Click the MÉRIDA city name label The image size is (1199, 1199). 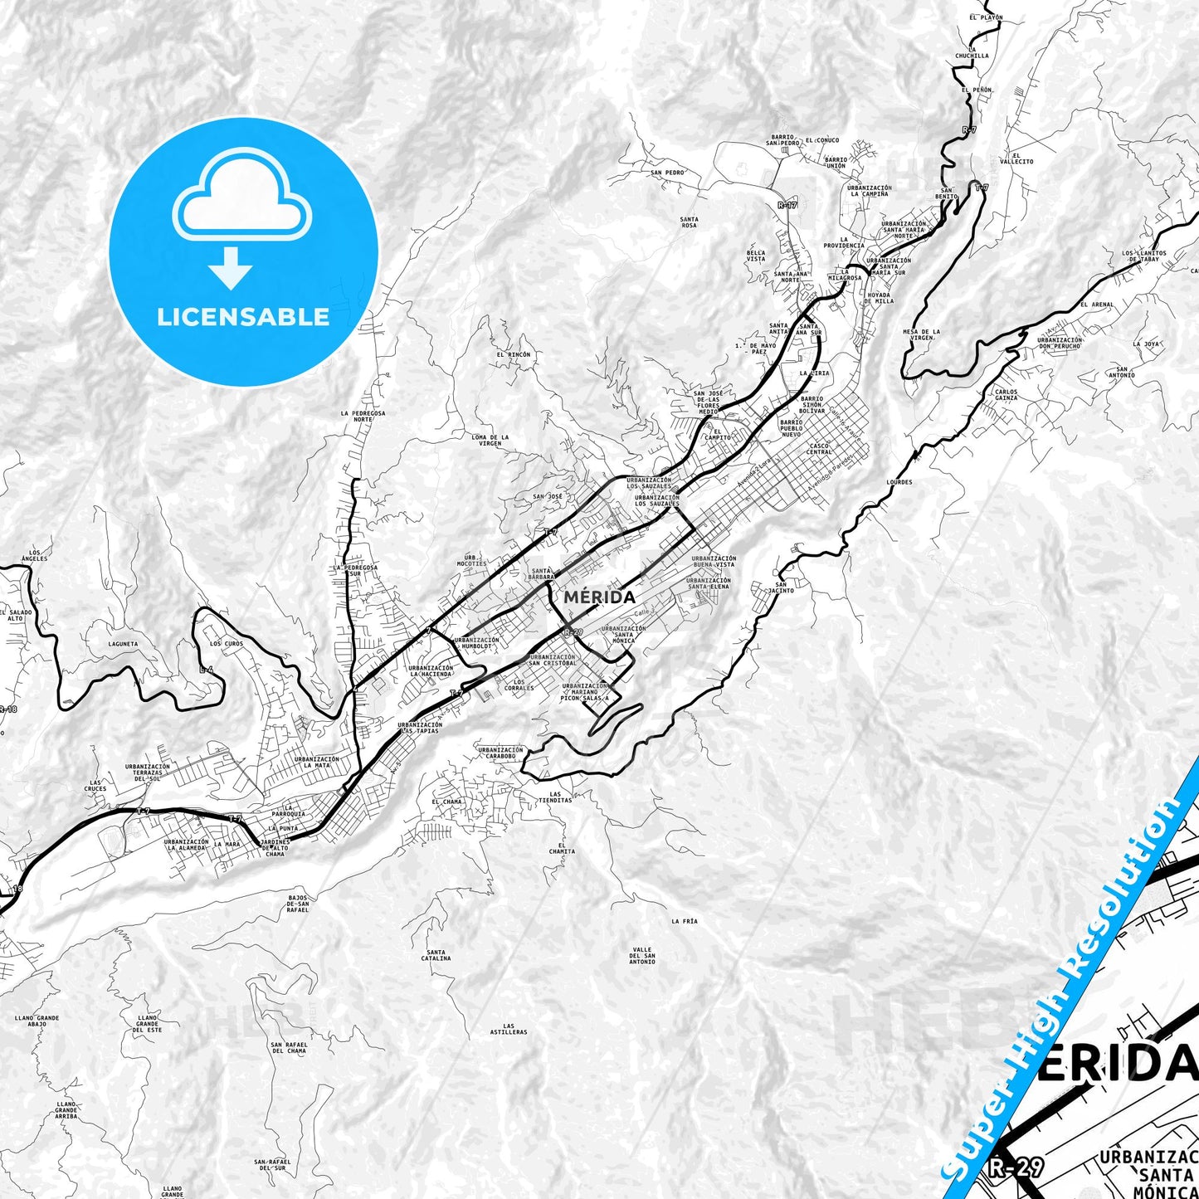click(x=599, y=597)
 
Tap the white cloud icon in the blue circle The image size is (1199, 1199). click(x=242, y=197)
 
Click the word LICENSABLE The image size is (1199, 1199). click(x=243, y=316)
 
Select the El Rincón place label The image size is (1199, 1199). click(x=513, y=354)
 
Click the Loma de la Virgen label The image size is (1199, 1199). click(x=490, y=440)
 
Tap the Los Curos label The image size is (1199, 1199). click(x=227, y=643)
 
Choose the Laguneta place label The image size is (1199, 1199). click(x=123, y=643)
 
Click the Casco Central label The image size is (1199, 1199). click(x=819, y=449)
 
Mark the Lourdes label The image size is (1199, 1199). click(x=899, y=482)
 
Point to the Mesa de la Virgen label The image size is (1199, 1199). click(x=921, y=334)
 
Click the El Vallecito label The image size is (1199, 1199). click(x=1016, y=158)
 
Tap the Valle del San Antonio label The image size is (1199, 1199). click(x=641, y=955)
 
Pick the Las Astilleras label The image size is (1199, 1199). click(x=508, y=1029)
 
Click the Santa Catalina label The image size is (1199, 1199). click(x=436, y=955)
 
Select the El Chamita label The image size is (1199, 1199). click(x=562, y=849)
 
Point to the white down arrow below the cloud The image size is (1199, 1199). click(x=231, y=267)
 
